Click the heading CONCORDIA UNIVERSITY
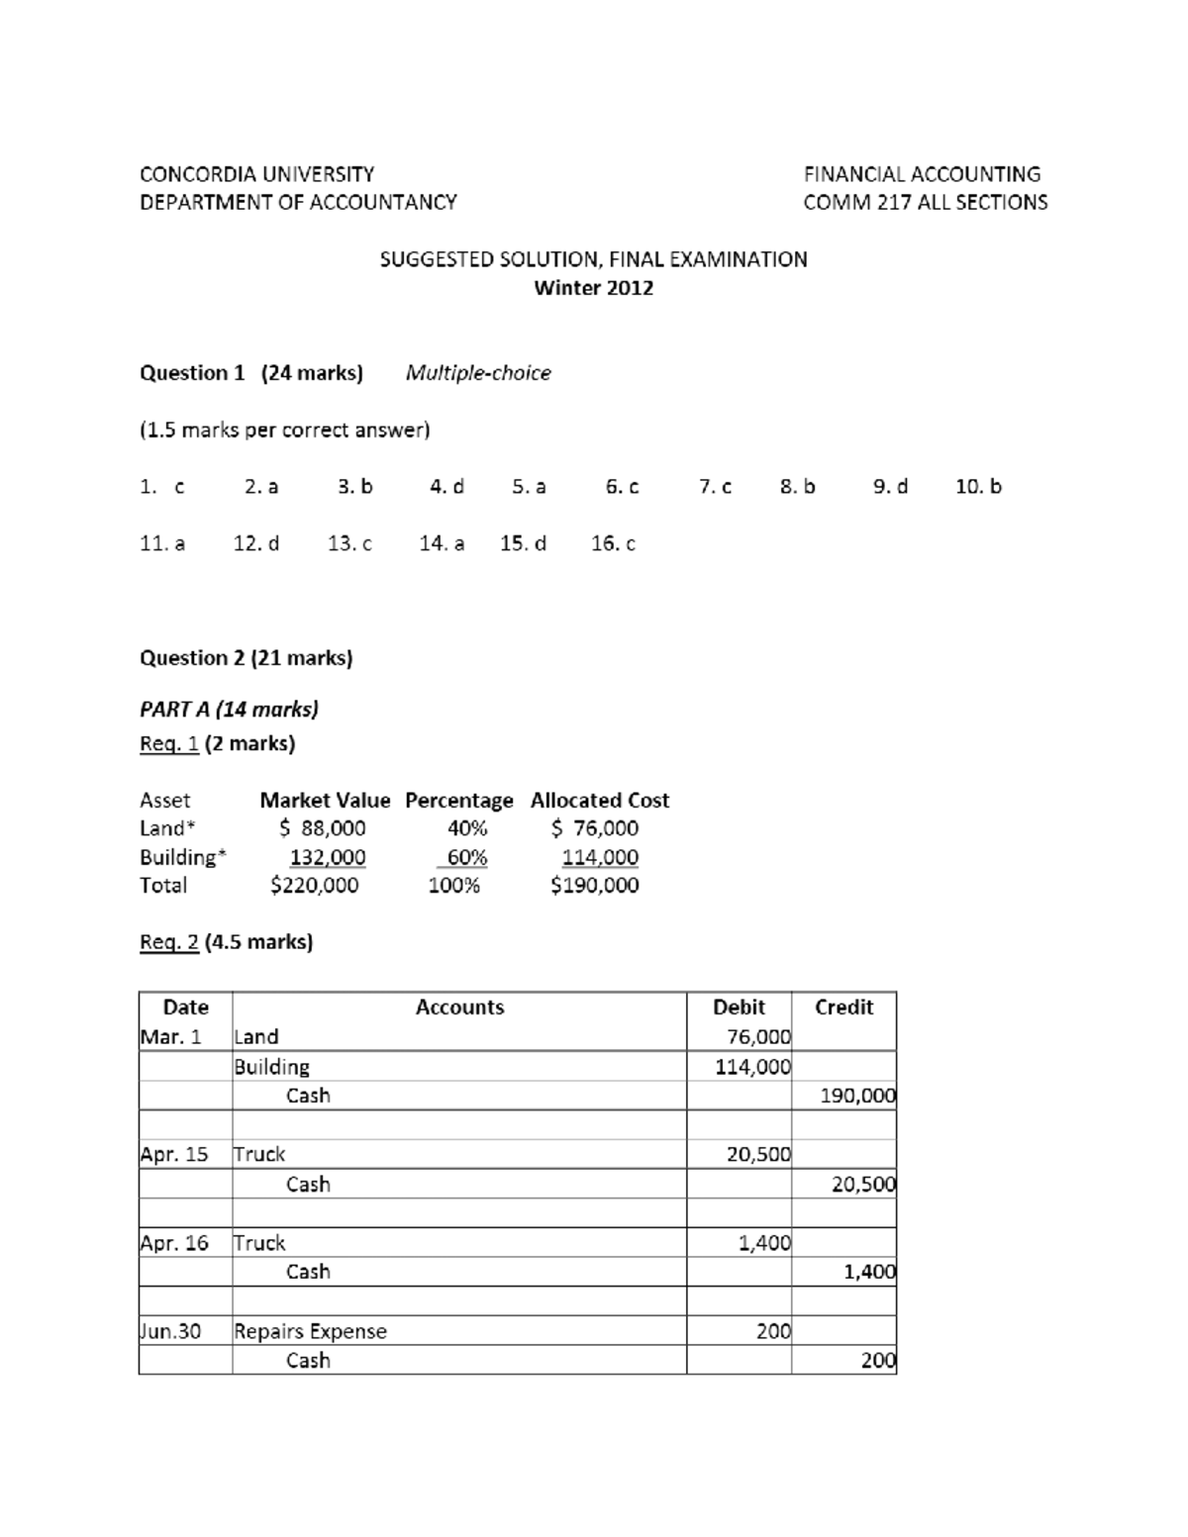point(256,174)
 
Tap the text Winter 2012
point(593,288)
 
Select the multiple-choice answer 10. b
point(978,486)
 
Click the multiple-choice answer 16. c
point(613,543)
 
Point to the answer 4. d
point(446,486)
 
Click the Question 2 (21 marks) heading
point(246,658)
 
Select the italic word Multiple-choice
point(478,373)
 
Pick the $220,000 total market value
point(314,885)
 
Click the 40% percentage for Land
point(466,828)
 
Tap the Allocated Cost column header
point(599,800)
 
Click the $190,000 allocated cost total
point(594,885)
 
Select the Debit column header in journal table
point(739,1008)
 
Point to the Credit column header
point(843,1008)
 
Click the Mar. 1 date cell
point(170,1037)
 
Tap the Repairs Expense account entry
point(310,1331)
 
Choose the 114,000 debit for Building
point(752,1067)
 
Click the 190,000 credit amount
point(857,1096)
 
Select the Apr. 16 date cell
point(174,1243)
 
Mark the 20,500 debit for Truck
point(758,1154)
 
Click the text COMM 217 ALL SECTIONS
point(925,202)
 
